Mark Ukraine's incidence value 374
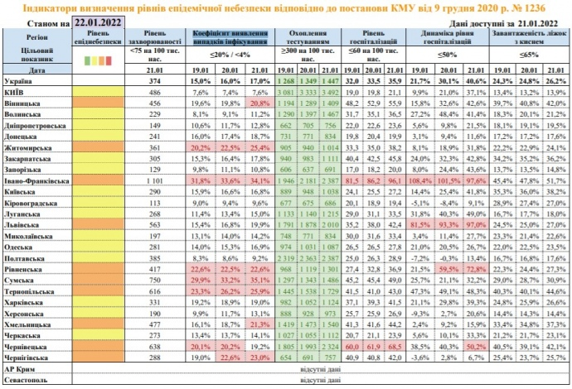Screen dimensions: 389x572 152,82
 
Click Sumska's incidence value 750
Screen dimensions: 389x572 152,281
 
